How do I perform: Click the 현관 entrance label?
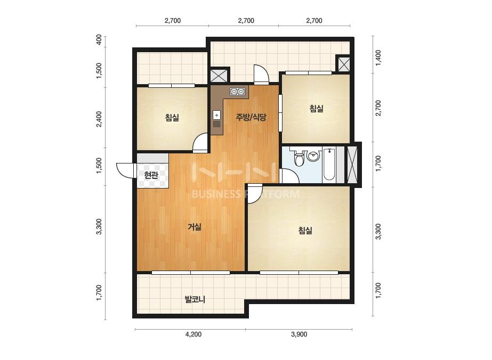tap(151, 175)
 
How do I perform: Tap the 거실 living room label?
tap(195, 227)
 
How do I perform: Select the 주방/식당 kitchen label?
tap(251, 117)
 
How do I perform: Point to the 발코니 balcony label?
tap(195, 299)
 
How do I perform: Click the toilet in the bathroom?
tap(300, 158)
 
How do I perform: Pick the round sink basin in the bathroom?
tap(313, 156)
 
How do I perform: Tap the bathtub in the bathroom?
tap(329, 164)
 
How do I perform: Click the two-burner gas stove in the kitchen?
tap(238, 92)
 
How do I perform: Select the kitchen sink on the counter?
tap(216, 119)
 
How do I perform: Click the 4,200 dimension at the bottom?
tap(193, 334)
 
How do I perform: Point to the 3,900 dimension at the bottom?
tap(299, 334)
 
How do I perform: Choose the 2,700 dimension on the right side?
tap(378, 108)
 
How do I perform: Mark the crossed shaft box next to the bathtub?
tap(352, 165)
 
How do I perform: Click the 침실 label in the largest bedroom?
tap(305, 231)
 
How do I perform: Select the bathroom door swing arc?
tap(289, 176)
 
